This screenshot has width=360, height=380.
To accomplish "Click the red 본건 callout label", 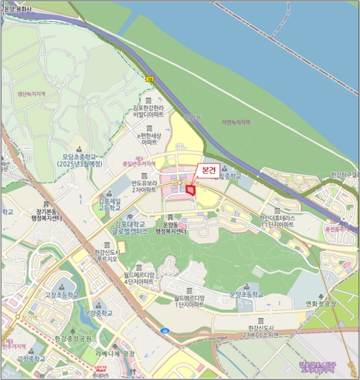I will click(209, 170).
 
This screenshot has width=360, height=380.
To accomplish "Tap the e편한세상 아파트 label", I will click(149, 138).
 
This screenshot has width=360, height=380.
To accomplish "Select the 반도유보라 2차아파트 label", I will click(144, 187).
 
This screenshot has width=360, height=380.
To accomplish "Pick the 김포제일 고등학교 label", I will click(109, 205).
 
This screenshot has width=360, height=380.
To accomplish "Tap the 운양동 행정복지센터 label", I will click(170, 228).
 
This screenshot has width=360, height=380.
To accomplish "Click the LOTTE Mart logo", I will click(101, 370).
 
